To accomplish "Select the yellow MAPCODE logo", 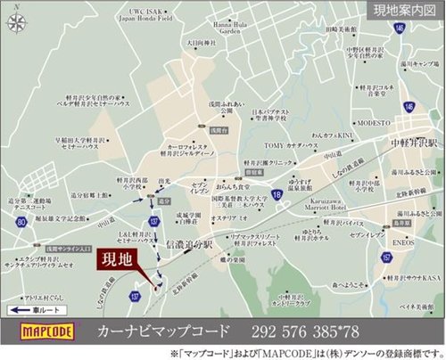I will click(41, 332).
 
